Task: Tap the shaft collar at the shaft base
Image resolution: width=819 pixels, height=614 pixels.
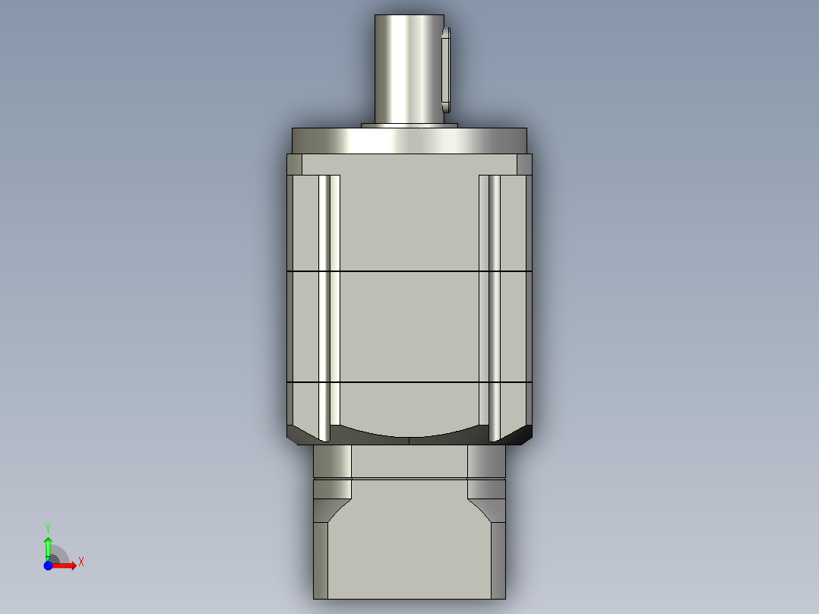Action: click(x=409, y=125)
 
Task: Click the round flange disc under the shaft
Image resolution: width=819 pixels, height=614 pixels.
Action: click(x=409, y=141)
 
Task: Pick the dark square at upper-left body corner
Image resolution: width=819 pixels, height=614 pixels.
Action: click(x=294, y=165)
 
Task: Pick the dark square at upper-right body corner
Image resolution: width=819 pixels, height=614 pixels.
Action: click(x=524, y=165)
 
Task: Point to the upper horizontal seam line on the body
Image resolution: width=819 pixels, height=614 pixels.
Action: click(x=409, y=271)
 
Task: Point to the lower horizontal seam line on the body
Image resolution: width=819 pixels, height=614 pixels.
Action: click(x=409, y=381)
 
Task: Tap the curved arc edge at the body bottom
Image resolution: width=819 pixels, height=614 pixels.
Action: click(x=409, y=436)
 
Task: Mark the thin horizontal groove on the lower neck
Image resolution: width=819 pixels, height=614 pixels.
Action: click(x=409, y=478)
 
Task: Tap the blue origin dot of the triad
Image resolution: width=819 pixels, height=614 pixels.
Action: click(x=48, y=565)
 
